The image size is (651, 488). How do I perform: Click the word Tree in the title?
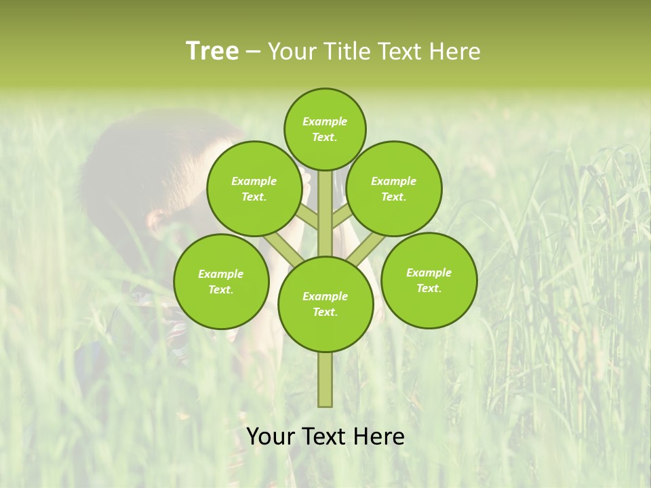(212, 51)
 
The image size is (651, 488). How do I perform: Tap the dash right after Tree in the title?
(253, 52)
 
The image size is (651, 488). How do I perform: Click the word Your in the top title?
(292, 51)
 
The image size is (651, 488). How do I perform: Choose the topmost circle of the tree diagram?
(325, 129)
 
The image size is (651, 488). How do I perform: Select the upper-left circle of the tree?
(254, 188)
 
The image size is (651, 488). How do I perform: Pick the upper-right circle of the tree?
(393, 188)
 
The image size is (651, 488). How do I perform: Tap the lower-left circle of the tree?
(220, 281)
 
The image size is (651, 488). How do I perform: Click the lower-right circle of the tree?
(429, 280)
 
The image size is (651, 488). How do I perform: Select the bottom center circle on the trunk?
(325, 304)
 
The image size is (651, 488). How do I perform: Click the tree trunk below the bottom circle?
(325, 380)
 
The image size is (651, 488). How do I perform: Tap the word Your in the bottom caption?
(271, 436)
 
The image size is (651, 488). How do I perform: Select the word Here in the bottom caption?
(379, 436)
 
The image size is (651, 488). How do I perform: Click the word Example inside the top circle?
(325, 121)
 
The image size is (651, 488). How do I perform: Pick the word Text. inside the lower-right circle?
(429, 288)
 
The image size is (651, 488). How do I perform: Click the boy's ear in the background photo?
(157, 220)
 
